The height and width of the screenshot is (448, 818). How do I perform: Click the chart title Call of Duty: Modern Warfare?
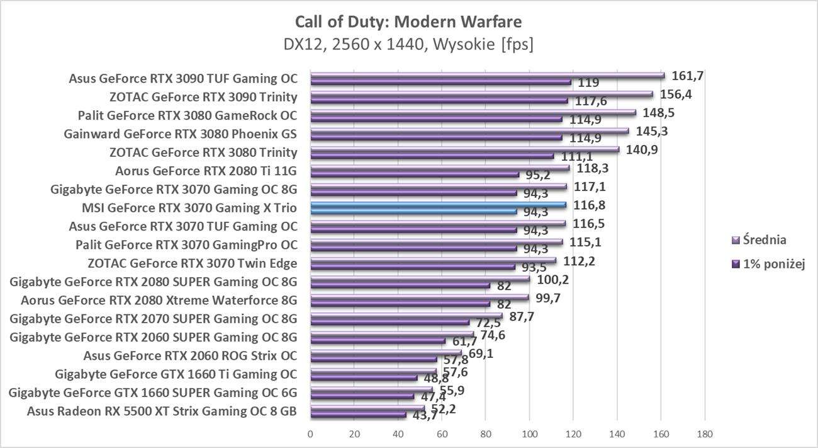(x=408, y=23)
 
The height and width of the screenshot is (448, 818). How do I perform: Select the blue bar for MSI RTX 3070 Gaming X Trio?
(x=438, y=205)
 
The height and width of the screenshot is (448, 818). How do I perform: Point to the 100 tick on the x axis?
(x=529, y=434)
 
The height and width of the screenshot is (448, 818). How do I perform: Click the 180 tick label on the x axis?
(x=705, y=434)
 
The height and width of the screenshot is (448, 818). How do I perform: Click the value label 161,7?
(x=688, y=76)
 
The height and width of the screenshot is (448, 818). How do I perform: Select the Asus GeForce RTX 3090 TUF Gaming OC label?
(x=182, y=79)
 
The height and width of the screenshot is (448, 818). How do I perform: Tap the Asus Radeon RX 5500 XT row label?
(x=162, y=412)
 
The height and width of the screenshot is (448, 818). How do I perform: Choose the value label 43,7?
(x=424, y=416)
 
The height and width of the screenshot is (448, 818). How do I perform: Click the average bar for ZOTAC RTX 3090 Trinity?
(x=481, y=95)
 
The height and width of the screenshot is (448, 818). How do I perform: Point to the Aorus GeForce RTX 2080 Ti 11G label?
(x=206, y=170)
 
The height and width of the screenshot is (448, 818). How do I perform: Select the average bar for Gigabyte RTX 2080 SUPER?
(x=420, y=279)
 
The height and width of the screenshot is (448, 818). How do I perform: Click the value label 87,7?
(x=522, y=316)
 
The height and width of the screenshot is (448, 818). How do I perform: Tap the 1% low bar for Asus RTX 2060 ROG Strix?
(x=373, y=359)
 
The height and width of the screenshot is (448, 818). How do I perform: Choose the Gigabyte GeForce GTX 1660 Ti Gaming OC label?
(x=176, y=374)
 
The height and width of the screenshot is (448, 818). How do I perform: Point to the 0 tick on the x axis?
(x=310, y=434)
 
